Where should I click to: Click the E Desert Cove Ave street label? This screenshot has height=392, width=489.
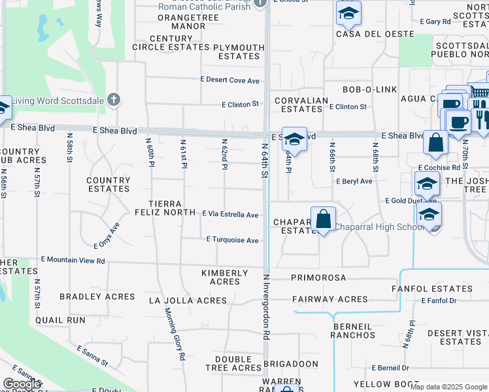pyautogui.click(x=230, y=80)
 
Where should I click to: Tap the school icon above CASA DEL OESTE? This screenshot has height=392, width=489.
pyautogui.click(x=348, y=13)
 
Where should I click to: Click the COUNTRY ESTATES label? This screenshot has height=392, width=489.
pyautogui.click(x=109, y=184)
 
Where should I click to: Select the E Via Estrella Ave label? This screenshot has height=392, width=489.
pyautogui.click(x=230, y=214)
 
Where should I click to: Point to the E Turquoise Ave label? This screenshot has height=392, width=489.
pyautogui.click(x=233, y=240)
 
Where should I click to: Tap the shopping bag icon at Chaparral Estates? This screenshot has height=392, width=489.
pyautogui.click(x=323, y=220)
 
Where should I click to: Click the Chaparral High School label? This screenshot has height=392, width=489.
pyautogui.click(x=379, y=227)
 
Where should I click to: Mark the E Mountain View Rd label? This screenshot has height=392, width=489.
pyautogui.click(x=73, y=261)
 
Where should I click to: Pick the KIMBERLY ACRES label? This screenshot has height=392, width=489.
pyautogui.click(x=225, y=277)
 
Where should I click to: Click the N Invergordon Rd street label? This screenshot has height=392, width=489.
pyautogui.click(x=266, y=306)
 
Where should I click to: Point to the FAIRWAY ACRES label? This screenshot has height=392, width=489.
pyautogui.click(x=330, y=299)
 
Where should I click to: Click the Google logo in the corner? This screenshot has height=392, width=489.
pyautogui.click(x=22, y=384)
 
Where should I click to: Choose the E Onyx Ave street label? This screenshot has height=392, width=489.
pyautogui.click(x=107, y=237)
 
